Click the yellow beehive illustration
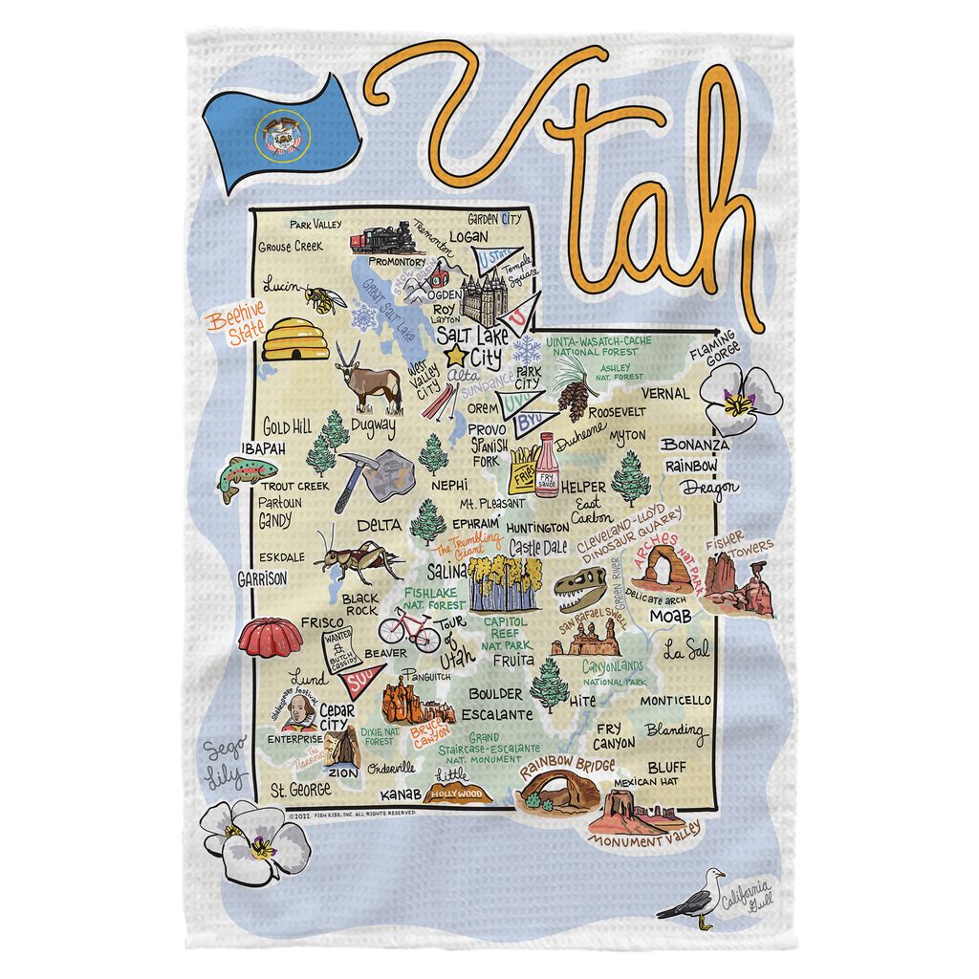pos(294,339)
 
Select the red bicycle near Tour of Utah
pos(408,628)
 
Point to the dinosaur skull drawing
pos(581,587)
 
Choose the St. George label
pos(300,790)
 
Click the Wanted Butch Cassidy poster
pos(345,647)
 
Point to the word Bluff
pos(665,767)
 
